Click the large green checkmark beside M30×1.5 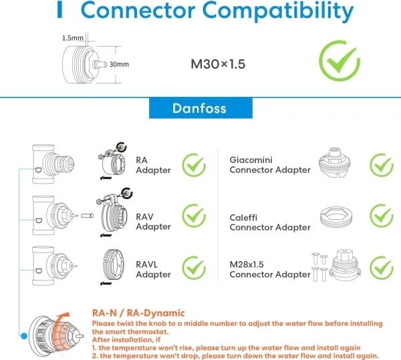click(x=339, y=61)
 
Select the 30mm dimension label click(x=119, y=65)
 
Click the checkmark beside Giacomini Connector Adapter click(x=382, y=165)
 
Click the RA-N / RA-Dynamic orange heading click(x=138, y=313)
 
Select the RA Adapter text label click(x=153, y=165)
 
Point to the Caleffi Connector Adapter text click(x=269, y=222)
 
